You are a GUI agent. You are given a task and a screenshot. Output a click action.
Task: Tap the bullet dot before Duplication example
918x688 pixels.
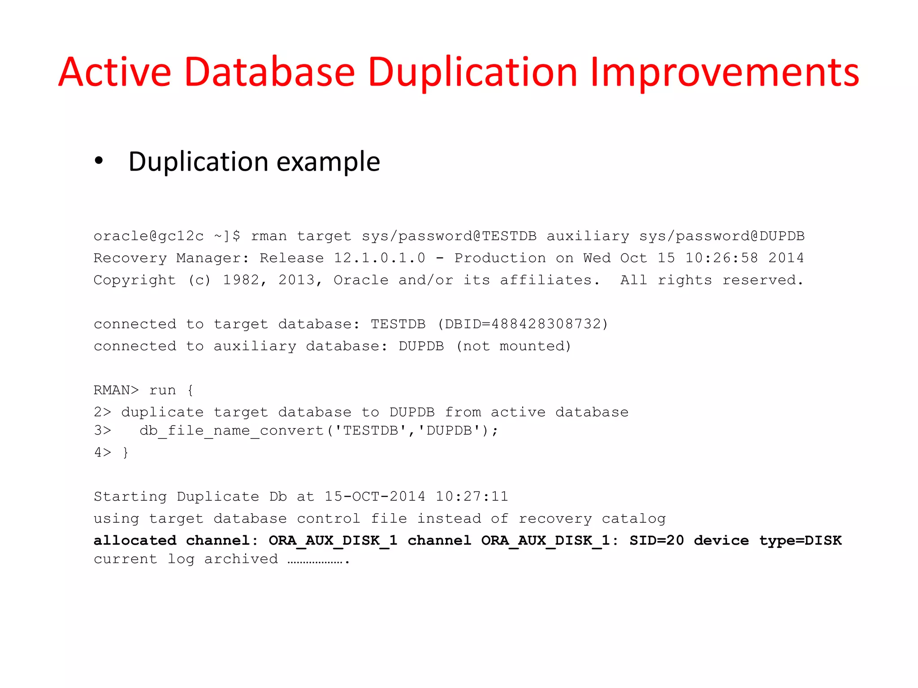click(x=99, y=161)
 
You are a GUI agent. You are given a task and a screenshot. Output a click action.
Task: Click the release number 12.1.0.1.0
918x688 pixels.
click(x=379, y=258)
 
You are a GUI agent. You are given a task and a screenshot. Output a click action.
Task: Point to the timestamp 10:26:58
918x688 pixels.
click(x=722, y=258)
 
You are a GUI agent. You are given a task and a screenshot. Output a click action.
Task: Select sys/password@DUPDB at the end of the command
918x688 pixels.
click(x=722, y=236)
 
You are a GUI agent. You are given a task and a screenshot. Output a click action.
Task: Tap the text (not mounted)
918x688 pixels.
click(x=514, y=346)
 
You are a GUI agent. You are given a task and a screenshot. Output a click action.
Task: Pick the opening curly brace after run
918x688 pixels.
click(x=191, y=390)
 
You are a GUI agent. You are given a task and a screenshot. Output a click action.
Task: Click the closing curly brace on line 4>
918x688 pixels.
click(x=126, y=452)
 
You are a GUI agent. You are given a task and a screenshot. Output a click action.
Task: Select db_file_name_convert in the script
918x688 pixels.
click(x=232, y=430)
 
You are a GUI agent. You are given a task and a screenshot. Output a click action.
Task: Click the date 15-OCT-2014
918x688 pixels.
click(x=375, y=496)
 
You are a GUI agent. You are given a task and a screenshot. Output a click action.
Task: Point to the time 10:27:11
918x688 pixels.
click(x=472, y=496)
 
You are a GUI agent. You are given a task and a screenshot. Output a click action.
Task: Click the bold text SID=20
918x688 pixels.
click(x=657, y=540)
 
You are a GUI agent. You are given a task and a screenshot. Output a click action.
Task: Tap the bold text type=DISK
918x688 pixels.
click(x=801, y=540)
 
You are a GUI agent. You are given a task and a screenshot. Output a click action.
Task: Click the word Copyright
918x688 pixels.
click(x=134, y=280)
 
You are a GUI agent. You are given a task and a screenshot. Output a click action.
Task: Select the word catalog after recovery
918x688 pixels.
click(x=633, y=519)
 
